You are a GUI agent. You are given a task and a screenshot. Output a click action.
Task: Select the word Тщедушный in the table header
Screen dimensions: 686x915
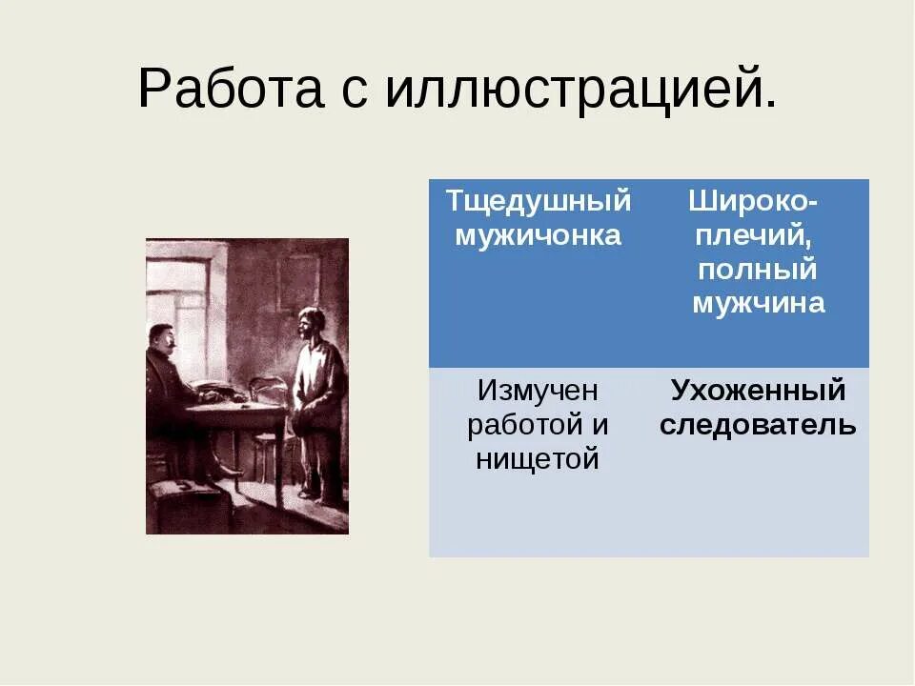click(539, 202)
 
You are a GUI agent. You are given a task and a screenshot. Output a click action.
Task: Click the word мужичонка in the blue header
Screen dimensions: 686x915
click(539, 235)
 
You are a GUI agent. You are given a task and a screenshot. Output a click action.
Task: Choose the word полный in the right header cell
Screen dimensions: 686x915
click(758, 270)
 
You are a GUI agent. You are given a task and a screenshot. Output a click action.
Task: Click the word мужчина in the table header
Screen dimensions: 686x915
click(758, 303)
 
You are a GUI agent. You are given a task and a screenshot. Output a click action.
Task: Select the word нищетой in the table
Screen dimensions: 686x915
click(538, 459)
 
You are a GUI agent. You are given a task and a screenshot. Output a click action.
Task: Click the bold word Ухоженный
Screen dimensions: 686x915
click(758, 391)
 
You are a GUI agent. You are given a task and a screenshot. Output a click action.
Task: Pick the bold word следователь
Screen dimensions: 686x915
click(758, 425)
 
